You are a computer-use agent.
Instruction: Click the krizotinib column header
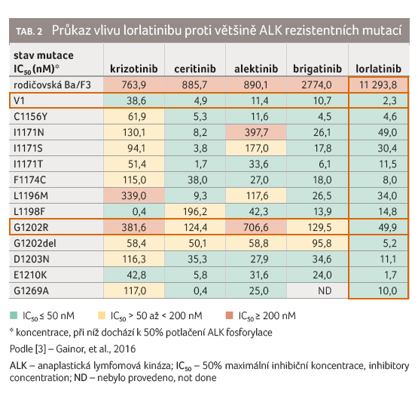coord(134,69)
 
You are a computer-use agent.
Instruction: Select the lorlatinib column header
coord(378,69)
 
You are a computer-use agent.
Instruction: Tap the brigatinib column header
coord(317,69)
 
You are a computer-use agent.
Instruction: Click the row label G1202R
coord(31,228)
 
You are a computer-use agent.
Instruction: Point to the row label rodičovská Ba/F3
coord(52,85)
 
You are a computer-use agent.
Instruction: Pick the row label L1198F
coord(29,212)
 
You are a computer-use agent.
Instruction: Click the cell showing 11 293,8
coord(378,85)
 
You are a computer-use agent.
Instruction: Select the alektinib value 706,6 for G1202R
coord(256,228)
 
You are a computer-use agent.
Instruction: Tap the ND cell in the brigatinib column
coord(325,290)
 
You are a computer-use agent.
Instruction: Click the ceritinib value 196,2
coord(195,212)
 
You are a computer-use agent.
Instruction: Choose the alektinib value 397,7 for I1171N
coord(257,133)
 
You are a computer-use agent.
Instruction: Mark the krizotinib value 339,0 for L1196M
coord(134,196)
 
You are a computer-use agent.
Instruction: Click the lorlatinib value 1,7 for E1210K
coord(391,275)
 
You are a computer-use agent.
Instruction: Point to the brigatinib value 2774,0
coord(316,85)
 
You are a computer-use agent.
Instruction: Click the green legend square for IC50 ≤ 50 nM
coord(14,315)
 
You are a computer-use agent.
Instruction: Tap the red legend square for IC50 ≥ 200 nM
coord(230,315)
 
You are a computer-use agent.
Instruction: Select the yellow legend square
coord(102,315)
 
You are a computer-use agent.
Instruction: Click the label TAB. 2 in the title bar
coord(29,31)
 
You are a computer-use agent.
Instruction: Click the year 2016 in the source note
coord(124,349)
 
